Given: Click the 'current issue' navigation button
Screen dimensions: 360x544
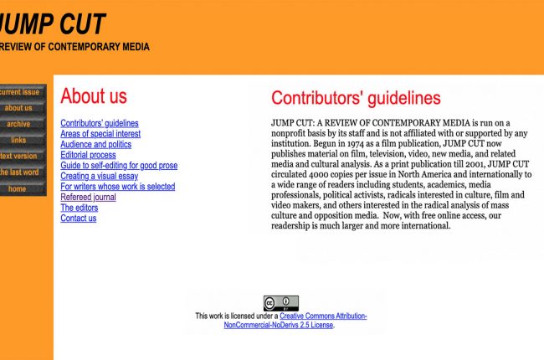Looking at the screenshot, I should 20,92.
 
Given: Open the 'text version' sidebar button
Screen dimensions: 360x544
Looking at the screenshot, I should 19,156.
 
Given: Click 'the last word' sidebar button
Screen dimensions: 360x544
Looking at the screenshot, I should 20,172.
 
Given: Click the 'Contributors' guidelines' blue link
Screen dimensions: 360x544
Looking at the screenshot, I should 100,123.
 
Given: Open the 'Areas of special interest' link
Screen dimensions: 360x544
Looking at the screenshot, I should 100,134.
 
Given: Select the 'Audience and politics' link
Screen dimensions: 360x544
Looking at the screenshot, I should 95,144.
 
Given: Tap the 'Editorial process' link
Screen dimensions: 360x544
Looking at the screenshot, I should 88,155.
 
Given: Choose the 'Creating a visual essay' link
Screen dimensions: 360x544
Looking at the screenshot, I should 99,176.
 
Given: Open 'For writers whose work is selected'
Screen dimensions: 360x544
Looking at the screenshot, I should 117,187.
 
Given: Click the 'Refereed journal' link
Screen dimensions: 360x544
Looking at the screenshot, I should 88,198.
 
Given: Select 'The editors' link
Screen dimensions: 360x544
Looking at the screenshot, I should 79,208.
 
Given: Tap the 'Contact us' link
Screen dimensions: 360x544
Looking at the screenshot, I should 78,219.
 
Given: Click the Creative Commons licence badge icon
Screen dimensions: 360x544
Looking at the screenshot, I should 280,303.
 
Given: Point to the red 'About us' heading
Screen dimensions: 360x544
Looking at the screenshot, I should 94,96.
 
